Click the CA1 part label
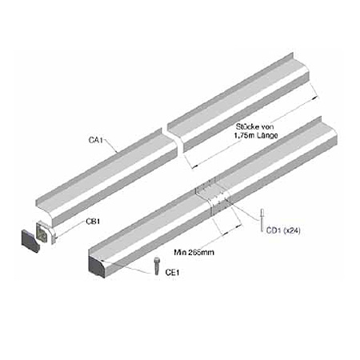click(95, 140)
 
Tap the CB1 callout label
click(93, 222)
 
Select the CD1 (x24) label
click(283, 230)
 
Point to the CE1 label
click(172, 272)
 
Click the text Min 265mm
click(194, 252)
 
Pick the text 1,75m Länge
click(256, 135)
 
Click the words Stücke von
click(254, 126)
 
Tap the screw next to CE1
click(157, 266)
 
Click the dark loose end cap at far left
click(30, 241)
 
